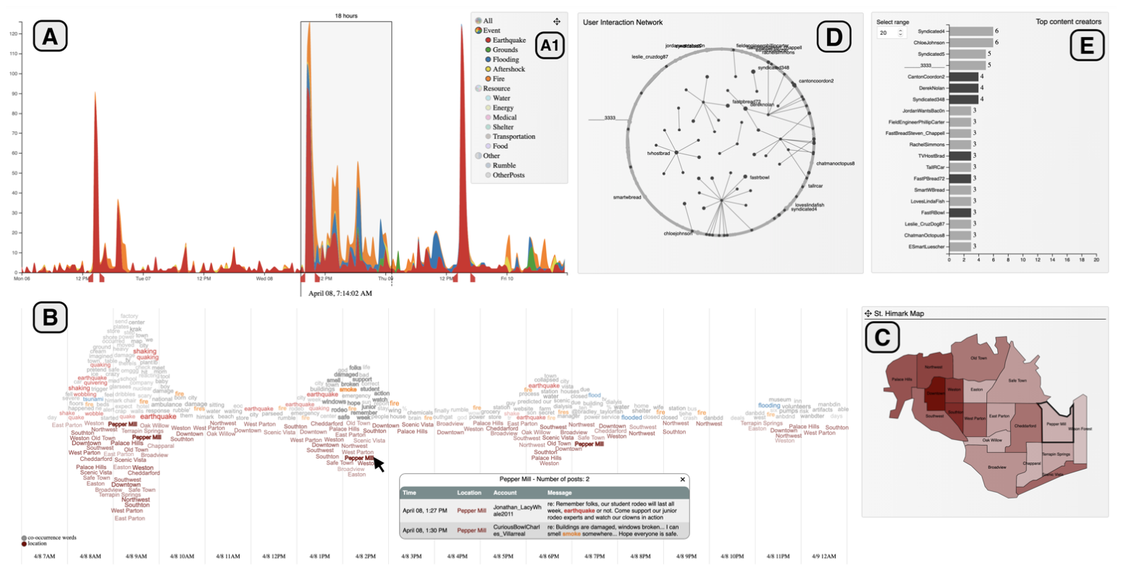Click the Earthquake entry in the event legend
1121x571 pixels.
[x=509, y=41]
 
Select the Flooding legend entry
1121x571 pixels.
[x=505, y=60]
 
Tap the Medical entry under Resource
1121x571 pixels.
[x=505, y=117]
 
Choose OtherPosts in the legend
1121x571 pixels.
[x=508, y=175]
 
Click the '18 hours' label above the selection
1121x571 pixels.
[x=346, y=15]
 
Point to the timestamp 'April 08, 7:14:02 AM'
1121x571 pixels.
[x=340, y=293]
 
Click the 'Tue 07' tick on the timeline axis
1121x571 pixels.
[x=143, y=278]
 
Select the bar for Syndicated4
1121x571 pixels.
[x=970, y=31]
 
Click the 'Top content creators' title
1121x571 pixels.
[x=1068, y=22]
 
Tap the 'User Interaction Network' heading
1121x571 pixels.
[x=623, y=22]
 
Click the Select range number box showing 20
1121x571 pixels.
[x=887, y=33]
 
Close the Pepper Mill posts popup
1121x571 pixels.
[x=682, y=480]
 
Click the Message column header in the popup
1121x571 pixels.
[x=560, y=493]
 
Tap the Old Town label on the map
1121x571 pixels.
[x=978, y=358]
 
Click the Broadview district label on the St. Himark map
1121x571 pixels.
[x=997, y=467]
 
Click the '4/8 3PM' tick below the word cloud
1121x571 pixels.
[x=411, y=557]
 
